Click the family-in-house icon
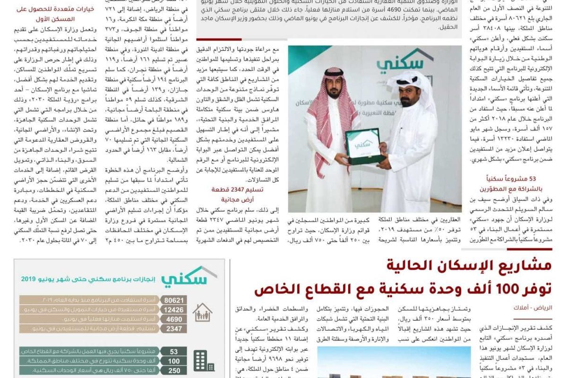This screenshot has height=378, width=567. click(x=202, y=313)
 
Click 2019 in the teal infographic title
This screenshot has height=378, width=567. click(x=30, y=279)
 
